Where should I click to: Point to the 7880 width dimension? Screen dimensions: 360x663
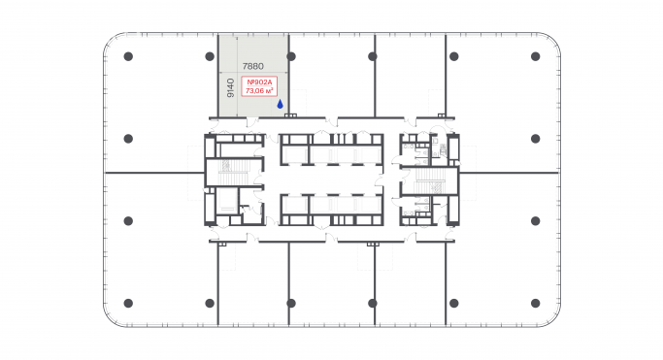(253, 67)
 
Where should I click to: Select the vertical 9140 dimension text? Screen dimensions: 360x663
(230, 88)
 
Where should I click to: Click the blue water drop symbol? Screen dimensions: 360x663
(280, 103)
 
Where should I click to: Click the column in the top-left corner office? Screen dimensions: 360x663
(128, 56)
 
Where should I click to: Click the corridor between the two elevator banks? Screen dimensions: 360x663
(330, 180)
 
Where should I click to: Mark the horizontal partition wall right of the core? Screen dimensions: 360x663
(510, 173)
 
